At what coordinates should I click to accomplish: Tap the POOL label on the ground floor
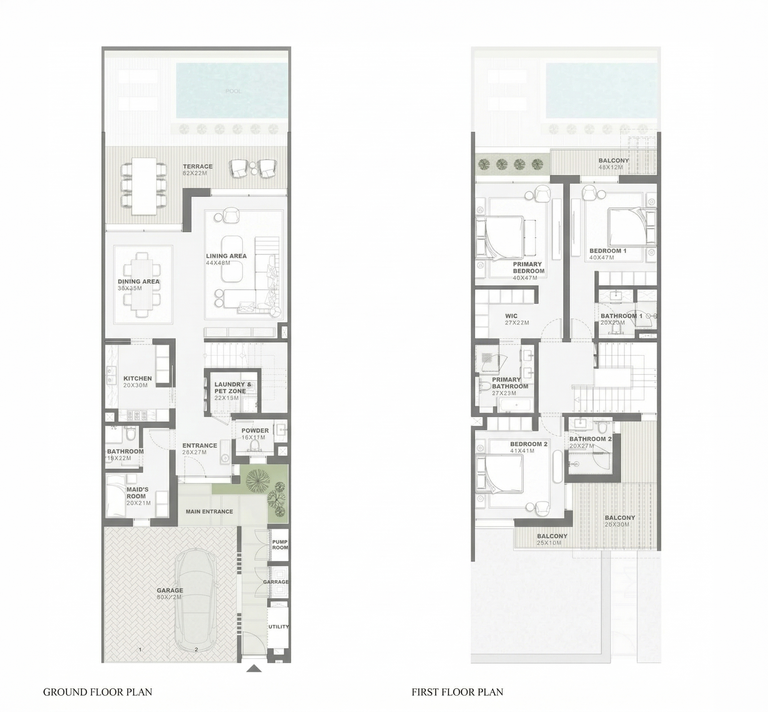click(233, 91)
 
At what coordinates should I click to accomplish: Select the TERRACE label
click(198, 166)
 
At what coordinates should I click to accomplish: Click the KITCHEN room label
click(138, 378)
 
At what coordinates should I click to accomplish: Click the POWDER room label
click(255, 430)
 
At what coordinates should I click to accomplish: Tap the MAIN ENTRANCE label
click(209, 512)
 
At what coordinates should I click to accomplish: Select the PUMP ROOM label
click(280, 544)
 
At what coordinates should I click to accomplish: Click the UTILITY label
click(279, 626)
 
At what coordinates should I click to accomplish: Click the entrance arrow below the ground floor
click(254, 669)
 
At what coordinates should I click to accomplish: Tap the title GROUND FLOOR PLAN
click(98, 692)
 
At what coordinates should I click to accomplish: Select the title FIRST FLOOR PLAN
click(457, 692)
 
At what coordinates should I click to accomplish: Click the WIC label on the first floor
click(511, 316)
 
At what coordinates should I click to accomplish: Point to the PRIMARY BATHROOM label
click(510, 383)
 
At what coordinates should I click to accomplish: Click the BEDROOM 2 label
click(529, 444)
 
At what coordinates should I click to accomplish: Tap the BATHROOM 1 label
click(622, 316)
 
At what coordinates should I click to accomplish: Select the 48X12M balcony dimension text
click(611, 167)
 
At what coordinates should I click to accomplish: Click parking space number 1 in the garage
click(140, 649)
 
